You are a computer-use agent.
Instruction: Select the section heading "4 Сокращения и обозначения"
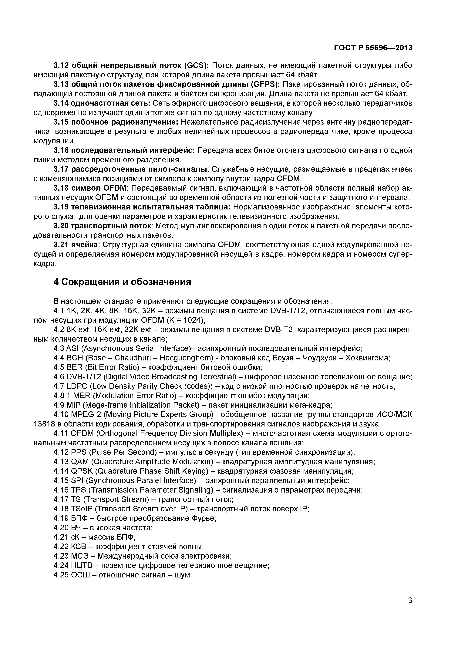(122, 282)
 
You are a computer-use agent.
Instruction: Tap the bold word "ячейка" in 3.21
(85, 245)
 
